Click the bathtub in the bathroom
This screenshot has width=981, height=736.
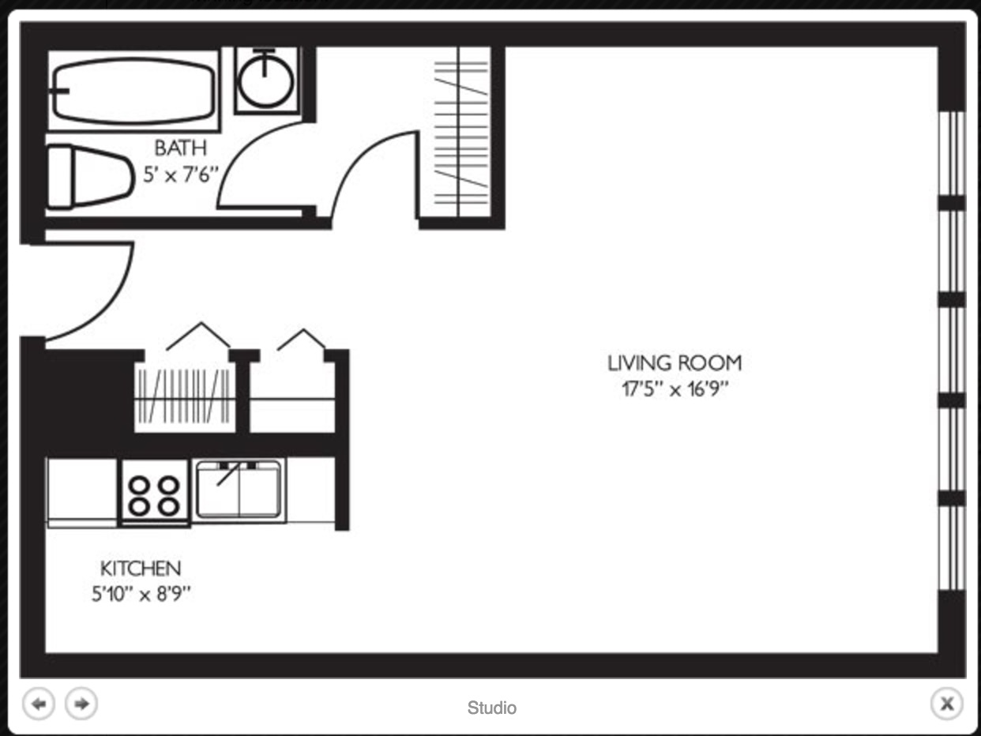[133, 91]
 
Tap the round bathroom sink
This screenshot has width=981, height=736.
[265, 81]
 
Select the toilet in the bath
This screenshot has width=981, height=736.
[90, 177]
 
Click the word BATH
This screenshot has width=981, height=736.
[181, 148]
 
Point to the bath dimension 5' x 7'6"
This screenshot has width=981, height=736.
[181, 175]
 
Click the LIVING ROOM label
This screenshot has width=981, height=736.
[675, 362]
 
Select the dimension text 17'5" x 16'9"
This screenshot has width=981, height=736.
[675, 389]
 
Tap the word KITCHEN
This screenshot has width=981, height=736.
[141, 569]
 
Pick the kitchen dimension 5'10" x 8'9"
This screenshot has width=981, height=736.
[141, 595]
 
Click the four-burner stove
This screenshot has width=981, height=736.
[154, 493]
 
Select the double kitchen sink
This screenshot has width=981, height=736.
[239, 490]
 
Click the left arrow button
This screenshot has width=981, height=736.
[39, 704]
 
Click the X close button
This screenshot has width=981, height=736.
[946, 704]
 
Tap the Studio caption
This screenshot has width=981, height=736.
[491, 708]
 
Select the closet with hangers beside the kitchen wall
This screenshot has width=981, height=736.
[185, 396]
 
